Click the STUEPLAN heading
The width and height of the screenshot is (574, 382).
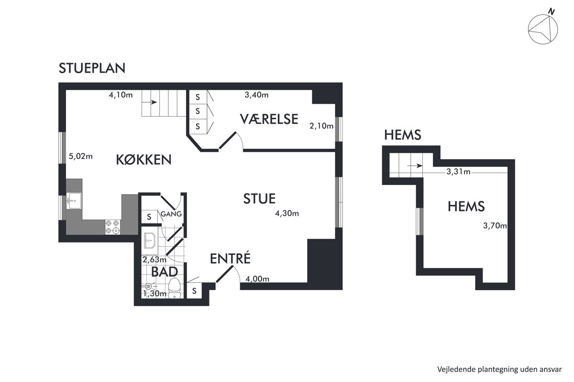click(x=92, y=68)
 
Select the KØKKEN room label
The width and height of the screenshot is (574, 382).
click(x=144, y=160)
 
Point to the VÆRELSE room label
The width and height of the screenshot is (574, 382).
click(x=269, y=119)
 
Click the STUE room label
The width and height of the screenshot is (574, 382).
click(x=259, y=199)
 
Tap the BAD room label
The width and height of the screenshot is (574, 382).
click(x=165, y=272)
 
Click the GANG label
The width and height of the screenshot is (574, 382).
click(x=171, y=214)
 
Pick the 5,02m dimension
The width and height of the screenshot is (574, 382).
click(x=81, y=156)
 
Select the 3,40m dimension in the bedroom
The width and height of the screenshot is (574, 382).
click(x=256, y=95)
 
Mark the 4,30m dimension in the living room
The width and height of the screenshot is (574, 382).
click(x=287, y=213)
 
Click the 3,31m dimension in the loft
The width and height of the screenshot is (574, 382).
click(x=458, y=172)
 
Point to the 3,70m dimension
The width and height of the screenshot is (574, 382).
click(x=495, y=226)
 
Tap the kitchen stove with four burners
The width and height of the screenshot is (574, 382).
click(x=113, y=227)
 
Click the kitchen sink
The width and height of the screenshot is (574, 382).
click(x=74, y=201)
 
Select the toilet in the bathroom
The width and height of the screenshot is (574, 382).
click(x=175, y=288)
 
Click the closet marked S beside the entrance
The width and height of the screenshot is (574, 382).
click(x=194, y=291)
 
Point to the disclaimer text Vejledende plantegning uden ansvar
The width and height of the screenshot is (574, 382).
click(x=499, y=370)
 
